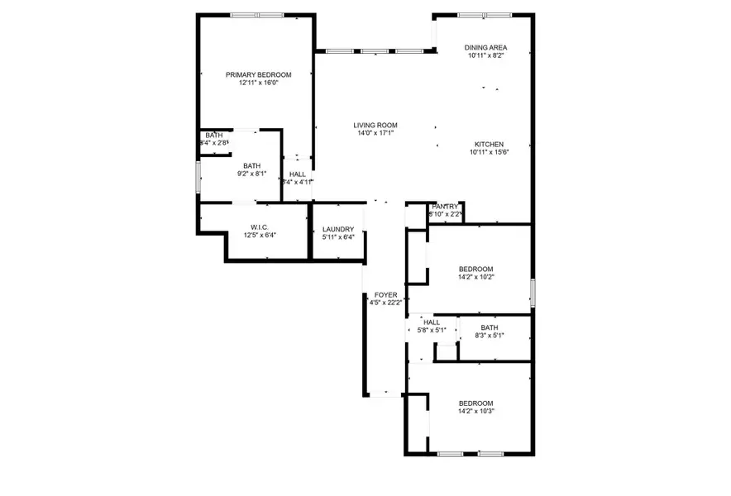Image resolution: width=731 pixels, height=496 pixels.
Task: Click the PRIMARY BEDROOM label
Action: (x=258, y=74)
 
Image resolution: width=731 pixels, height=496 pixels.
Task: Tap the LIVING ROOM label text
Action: (x=375, y=125)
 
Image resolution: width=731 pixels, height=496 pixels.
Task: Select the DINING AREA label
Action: (x=485, y=48)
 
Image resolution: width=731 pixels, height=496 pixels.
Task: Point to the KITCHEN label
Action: (x=488, y=143)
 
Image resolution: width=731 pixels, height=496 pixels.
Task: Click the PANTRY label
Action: (x=445, y=207)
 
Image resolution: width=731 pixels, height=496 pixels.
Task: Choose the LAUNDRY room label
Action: (x=338, y=229)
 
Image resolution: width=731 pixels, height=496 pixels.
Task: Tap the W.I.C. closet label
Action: (x=260, y=227)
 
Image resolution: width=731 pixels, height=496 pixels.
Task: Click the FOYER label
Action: (x=386, y=294)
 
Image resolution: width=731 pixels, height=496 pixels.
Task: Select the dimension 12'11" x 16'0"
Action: (x=258, y=83)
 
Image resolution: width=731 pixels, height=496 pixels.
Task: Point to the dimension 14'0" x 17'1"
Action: (x=375, y=133)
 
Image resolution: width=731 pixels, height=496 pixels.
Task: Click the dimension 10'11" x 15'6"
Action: (x=488, y=151)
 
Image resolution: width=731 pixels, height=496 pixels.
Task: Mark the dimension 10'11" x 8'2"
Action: (x=485, y=56)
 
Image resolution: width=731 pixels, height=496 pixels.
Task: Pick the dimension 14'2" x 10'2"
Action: (x=476, y=277)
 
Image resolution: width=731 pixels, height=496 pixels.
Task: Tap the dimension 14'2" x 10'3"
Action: (x=476, y=411)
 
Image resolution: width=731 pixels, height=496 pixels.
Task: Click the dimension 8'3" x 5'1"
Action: (x=490, y=336)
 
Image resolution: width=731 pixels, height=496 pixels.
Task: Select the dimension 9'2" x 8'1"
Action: (x=251, y=174)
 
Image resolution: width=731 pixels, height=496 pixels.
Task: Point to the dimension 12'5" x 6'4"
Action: (x=260, y=236)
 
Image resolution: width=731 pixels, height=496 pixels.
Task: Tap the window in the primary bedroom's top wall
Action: (x=256, y=15)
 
